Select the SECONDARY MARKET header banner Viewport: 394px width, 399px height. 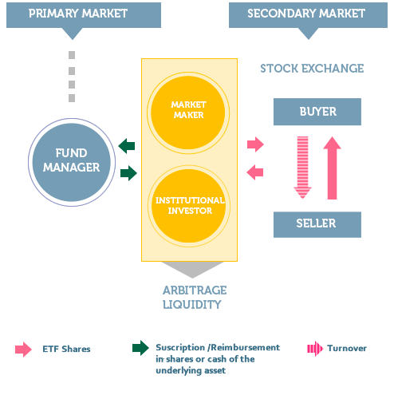pyautogui.click(x=306, y=14)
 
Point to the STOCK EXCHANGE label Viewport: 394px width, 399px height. pyautogui.click(x=312, y=69)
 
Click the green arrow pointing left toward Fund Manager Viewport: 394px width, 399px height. pyautogui.click(x=127, y=145)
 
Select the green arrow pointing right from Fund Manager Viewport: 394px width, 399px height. pyautogui.click(x=127, y=172)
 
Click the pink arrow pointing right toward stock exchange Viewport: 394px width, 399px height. pyautogui.click(x=255, y=144)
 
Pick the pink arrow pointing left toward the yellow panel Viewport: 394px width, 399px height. pyautogui.click(x=255, y=172)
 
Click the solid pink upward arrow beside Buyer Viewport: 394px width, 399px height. pyautogui.click(x=332, y=167)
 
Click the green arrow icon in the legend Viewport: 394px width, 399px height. pyautogui.click(x=140, y=348)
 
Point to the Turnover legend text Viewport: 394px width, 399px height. pyautogui.click(x=346, y=349)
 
